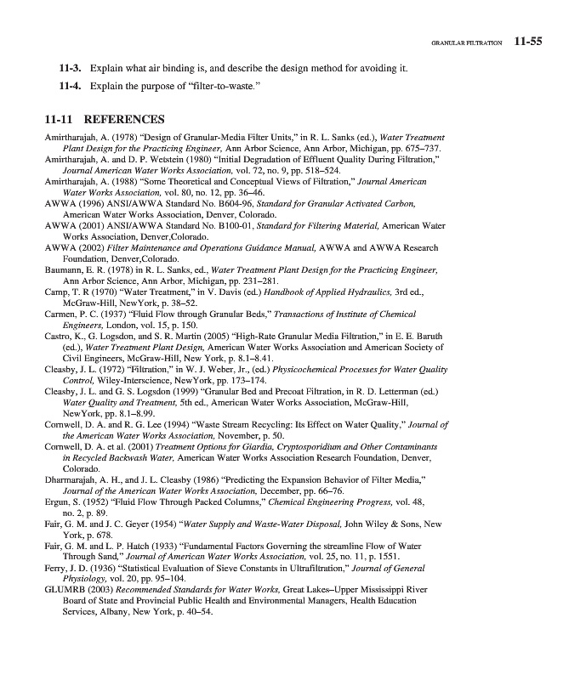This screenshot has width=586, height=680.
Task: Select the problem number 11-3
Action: click(69, 67)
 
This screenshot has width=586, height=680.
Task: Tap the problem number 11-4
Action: click(69, 87)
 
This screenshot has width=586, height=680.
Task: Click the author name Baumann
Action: click(65, 269)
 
